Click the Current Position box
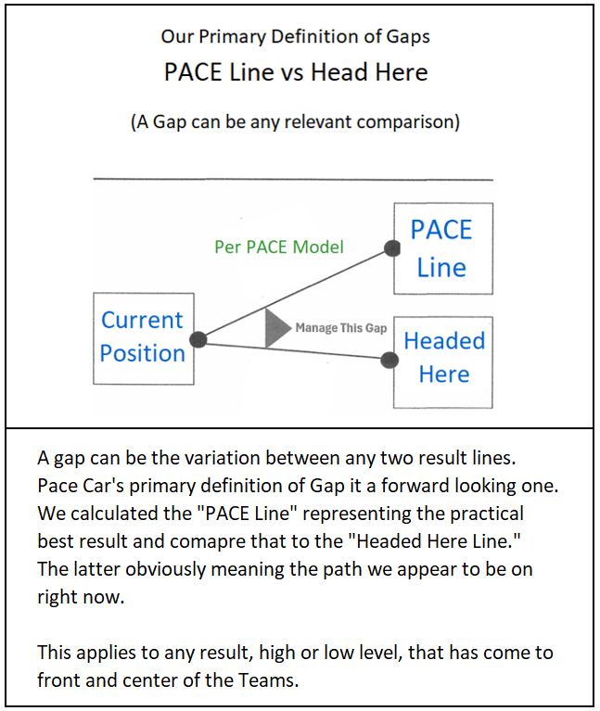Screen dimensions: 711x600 [x=143, y=337]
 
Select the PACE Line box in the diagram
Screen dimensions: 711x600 [x=441, y=248]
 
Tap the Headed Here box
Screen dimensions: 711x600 [x=443, y=360]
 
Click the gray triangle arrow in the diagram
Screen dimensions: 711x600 [x=276, y=328]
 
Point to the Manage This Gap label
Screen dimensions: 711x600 [x=341, y=328]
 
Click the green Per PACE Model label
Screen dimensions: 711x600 [x=279, y=247]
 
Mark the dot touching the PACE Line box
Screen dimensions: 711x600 [x=392, y=248]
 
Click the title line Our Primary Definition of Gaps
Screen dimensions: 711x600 [x=295, y=37]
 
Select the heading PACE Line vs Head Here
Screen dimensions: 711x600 [x=296, y=73]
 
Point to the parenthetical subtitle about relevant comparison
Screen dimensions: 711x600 [x=295, y=121]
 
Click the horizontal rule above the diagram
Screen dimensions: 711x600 [x=293, y=180]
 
